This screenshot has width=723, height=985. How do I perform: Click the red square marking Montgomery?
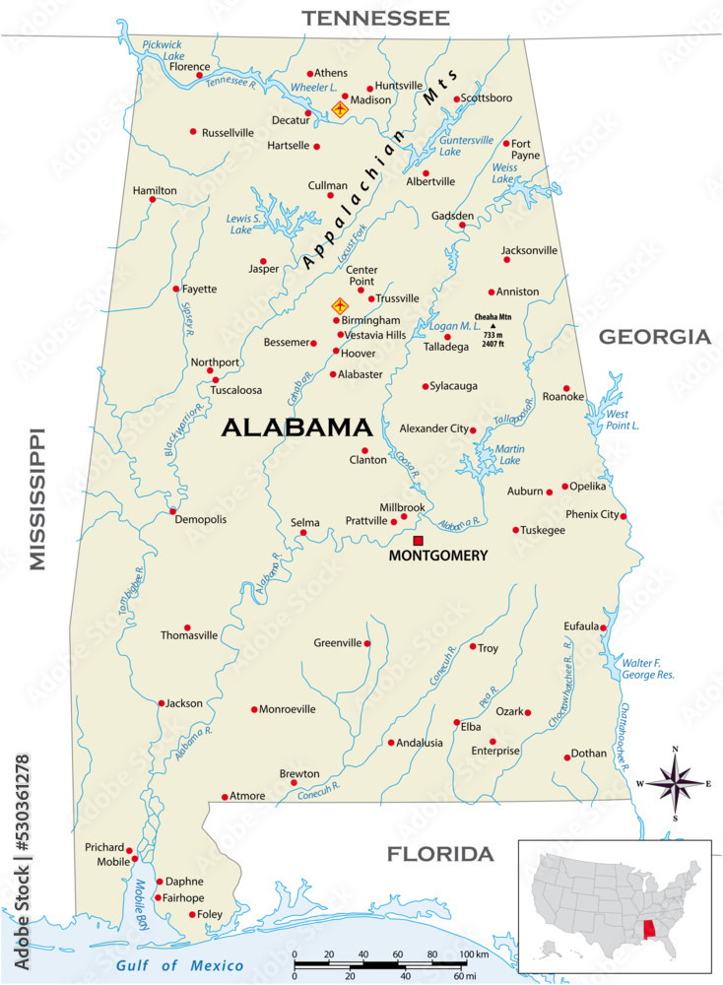click(418, 541)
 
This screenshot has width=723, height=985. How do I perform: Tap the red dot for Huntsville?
click(370, 88)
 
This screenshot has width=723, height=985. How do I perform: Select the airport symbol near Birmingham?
click(340, 306)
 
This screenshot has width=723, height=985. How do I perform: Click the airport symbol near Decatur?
click(340, 109)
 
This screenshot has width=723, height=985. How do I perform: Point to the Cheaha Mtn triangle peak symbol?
click(493, 325)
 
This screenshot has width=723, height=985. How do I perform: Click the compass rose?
click(675, 783)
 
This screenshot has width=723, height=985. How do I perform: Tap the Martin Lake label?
click(509, 455)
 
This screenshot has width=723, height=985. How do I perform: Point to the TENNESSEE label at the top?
click(375, 18)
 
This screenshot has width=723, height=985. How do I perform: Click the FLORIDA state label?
click(439, 854)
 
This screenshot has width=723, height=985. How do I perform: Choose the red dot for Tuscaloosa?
click(216, 379)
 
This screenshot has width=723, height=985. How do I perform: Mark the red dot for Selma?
click(303, 533)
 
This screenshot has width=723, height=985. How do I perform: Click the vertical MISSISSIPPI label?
click(38, 498)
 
